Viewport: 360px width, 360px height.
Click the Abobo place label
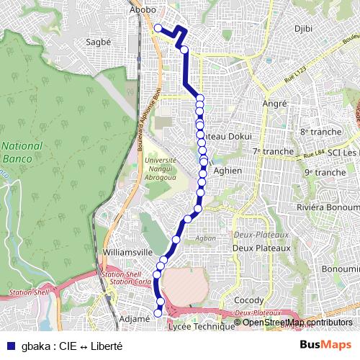[x=143, y=11]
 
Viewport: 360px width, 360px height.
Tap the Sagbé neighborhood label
[x=99, y=42]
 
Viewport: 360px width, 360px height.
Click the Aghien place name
[x=228, y=170]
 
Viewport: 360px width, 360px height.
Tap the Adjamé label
[x=135, y=318]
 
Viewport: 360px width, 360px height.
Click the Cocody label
[x=249, y=300]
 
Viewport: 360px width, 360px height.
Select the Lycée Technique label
[x=201, y=327]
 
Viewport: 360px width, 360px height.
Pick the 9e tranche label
[x=325, y=173]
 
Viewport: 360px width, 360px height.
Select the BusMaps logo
[x=325, y=345]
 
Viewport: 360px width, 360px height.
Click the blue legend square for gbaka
[x=10, y=345]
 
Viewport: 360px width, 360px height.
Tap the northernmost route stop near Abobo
[x=158, y=28]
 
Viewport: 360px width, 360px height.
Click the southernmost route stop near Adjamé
[x=158, y=313]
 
